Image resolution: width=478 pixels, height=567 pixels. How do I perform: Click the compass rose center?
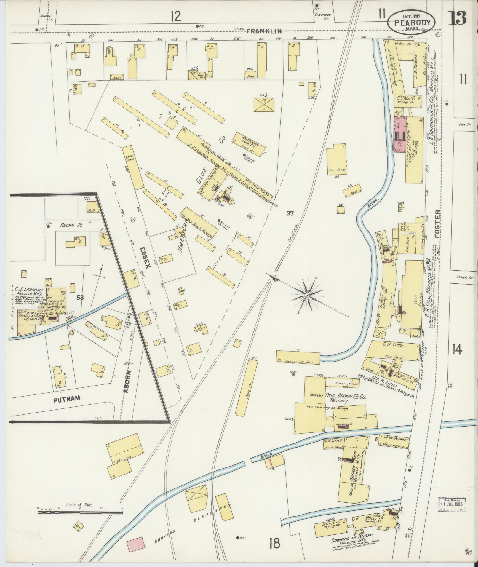[x=307, y=296]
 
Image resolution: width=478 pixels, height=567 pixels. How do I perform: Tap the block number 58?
[x=79, y=297]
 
